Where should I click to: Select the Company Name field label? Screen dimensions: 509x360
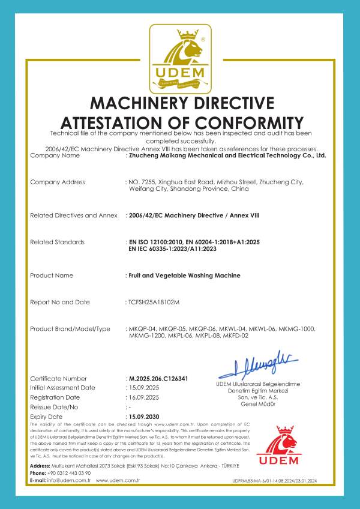coord(55,155)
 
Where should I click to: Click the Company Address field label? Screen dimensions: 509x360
coord(58,181)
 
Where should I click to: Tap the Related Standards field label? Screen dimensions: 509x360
coord(57,242)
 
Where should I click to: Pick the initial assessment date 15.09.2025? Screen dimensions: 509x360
coord(143,388)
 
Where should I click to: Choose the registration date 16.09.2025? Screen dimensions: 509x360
coord(143,397)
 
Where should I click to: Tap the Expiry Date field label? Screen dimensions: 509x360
coord(46,416)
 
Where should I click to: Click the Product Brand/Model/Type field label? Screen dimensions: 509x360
coord(70,329)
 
